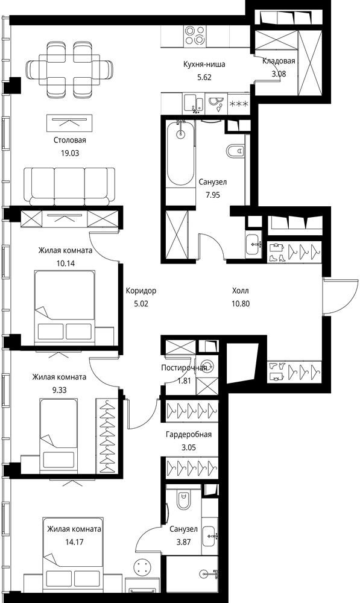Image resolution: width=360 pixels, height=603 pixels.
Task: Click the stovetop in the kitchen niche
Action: (195, 35)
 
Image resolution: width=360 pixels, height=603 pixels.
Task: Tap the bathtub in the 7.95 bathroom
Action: (181, 154)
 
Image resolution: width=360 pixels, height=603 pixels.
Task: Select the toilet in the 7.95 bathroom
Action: (235, 151)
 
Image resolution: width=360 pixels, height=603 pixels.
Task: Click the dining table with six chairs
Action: (71, 69)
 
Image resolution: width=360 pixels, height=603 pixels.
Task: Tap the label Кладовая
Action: (279, 61)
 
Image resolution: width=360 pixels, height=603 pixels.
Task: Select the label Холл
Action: (241, 291)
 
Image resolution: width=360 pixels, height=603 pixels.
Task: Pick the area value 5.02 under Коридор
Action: (141, 303)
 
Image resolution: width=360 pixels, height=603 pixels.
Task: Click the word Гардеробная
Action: (189, 435)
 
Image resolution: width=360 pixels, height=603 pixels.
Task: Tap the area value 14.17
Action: (74, 542)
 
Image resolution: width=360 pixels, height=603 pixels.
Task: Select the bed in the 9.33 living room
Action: (59, 436)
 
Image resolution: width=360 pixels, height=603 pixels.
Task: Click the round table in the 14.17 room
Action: (143, 566)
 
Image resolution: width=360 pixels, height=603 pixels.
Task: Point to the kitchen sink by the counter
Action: (194, 104)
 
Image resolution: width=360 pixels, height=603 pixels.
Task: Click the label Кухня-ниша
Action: (204, 65)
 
